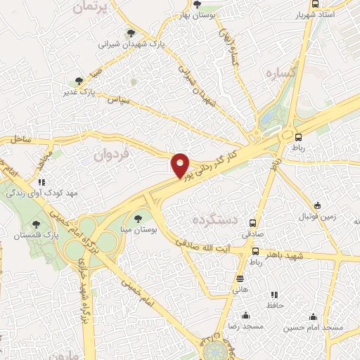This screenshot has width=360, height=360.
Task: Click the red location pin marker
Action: [181, 165]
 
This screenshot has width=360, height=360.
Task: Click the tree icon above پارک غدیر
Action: [79, 81]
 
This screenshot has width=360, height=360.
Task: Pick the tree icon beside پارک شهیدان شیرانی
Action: [129, 32]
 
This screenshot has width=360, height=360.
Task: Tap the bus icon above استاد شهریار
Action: [314, 4]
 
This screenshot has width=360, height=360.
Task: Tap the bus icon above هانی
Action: [240, 278]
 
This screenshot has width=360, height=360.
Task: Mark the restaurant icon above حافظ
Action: [275, 295]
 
